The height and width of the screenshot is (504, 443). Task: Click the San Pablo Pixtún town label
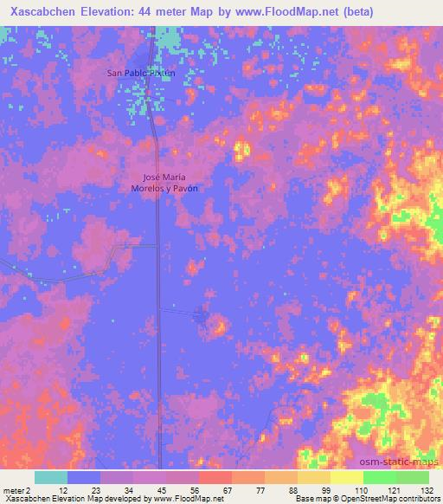[x=140, y=74]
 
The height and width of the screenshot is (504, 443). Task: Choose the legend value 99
[x=327, y=489]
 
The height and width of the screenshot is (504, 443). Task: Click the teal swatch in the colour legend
[x=50, y=477]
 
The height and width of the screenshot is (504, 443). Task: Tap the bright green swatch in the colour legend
[x=379, y=477]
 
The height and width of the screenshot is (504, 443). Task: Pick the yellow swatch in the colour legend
[x=346, y=477]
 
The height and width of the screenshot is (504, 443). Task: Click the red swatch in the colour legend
[x=215, y=477]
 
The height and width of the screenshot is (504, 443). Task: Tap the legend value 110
[x=360, y=489]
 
